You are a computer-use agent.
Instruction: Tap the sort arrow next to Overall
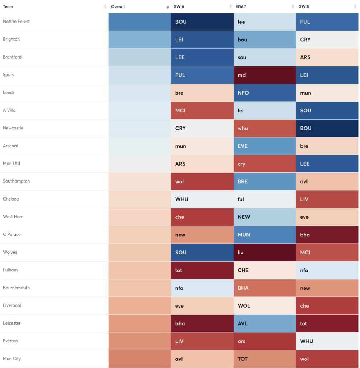tap(167, 7)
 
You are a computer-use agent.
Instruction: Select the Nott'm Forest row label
tap(17, 22)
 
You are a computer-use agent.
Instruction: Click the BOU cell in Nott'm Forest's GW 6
tap(202, 22)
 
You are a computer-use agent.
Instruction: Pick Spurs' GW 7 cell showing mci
tap(264, 75)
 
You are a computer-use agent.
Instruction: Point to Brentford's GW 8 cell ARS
tap(327, 57)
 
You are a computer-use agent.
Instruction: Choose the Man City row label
tap(12, 359)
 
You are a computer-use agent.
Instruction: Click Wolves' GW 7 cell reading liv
tap(264, 253)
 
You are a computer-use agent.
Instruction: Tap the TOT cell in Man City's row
tap(264, 359)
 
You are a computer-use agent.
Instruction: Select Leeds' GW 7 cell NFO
tap(264, 93)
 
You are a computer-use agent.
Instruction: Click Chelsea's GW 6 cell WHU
tap(202, 199)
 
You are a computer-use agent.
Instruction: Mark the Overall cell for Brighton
tap(139, 40)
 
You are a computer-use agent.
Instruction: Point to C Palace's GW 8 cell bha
tap(327, 235)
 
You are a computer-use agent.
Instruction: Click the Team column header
tap(8, 6)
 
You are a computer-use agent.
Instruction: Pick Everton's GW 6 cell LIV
tap(202, 341)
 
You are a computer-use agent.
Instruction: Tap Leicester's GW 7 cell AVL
tap(264, 323)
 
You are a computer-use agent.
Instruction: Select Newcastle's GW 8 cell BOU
tap(327, 128)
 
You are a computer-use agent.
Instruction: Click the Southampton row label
tap(17, 181)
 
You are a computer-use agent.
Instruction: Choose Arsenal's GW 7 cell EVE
tap(264, 146)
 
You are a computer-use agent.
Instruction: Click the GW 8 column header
tap(304, 6)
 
